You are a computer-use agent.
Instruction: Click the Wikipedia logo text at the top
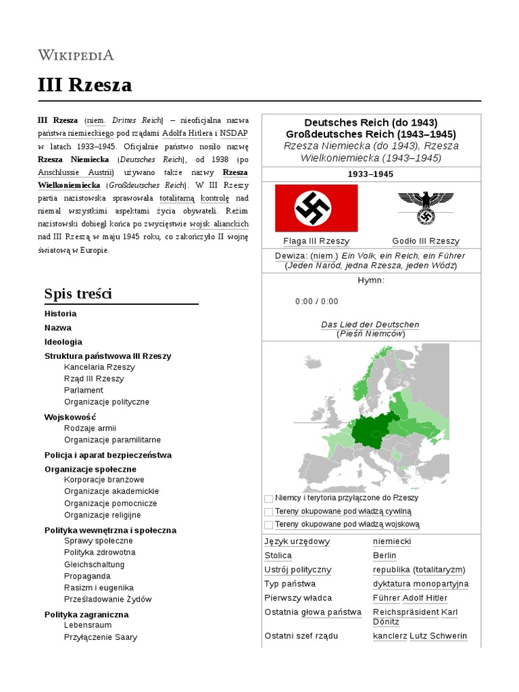pyautogui.click(x=76, y=55)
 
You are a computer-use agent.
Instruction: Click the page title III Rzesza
pyautogui.click(x=84, y=86)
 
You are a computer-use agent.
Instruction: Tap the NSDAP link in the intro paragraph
pyautogui.click(x=234, y=133)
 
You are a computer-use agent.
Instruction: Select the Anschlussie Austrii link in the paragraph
pyautogui.click(x=76, y=172)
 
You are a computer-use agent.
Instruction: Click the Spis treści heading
pyautogui.click(x=78, y=293)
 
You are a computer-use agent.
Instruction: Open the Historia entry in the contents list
pyautogui.click(x=60, y=314)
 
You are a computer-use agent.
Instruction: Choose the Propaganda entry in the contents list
pyautogui.click(x=87, y=576)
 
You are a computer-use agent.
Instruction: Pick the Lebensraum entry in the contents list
pyautogui.click(x=89, y=626)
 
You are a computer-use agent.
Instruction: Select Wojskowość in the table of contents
pyautogui.click(x=70, y=417)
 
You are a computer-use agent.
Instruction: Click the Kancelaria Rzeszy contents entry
pyautogui.click(x=99, y=367)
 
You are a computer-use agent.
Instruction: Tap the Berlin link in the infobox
pyautogui.click(x=385, y=555)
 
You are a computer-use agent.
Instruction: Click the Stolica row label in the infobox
pyautogui.click(x=278, y=555)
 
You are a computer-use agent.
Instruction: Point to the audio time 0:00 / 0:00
pyautogui.click(x=317, y=301)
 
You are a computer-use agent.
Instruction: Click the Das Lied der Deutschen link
pyautogui.click(x=370, y=324)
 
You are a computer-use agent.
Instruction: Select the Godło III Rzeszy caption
pyautogui.click(x=426, y=241)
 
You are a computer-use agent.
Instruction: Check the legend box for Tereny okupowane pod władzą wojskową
pyautogui.click(x=269, y=524)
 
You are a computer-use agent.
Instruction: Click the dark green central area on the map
pyautogui.click(x=370, y=432)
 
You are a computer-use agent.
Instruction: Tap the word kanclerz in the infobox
pyautogui.click(x=390, y=636)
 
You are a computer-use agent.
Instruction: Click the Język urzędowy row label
pyautogui.click(x=297, y=541)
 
